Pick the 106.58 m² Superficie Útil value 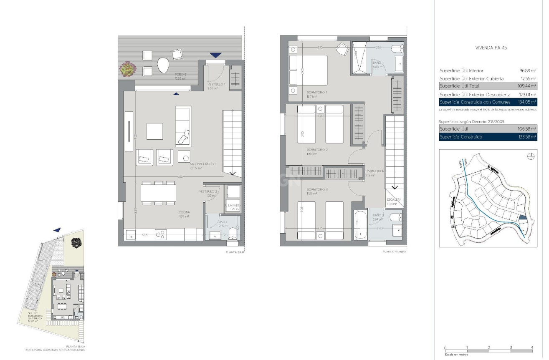527,129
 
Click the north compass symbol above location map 531,156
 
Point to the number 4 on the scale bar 531,347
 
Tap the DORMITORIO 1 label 317,92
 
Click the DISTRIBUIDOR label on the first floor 374,171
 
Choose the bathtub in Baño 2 360,224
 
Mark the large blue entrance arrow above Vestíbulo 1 215,55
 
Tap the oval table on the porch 163,65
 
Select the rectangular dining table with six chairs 158,193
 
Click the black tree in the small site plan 76,242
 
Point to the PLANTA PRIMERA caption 394,252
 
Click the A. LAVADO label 232,206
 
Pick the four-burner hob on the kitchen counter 160,235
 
